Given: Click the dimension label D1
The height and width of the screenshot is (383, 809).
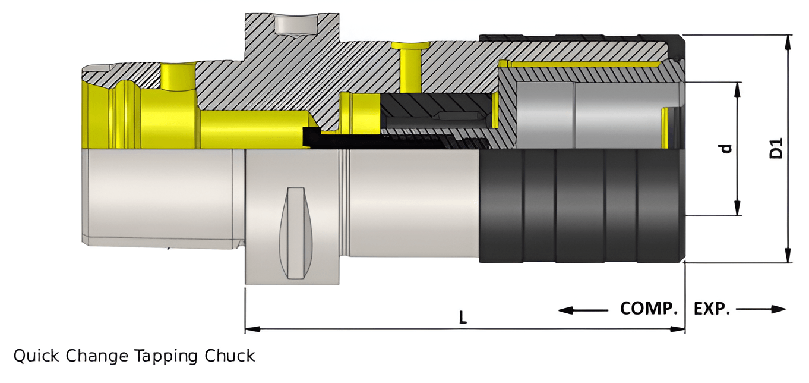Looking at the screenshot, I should pos(776,148).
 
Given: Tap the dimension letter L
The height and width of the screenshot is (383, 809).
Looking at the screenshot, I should pos(463,318).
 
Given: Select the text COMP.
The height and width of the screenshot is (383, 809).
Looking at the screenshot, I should pos(649,309).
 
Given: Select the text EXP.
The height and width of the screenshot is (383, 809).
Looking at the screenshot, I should pos(712,309).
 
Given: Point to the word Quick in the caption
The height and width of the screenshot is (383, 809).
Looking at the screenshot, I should pos(37,356).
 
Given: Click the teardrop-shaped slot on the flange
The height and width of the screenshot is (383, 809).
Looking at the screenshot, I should pos(295,233).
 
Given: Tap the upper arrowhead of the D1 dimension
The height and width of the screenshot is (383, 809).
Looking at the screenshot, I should pos(788,40).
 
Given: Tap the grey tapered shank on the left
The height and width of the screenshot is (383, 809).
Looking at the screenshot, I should pos(157,196).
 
